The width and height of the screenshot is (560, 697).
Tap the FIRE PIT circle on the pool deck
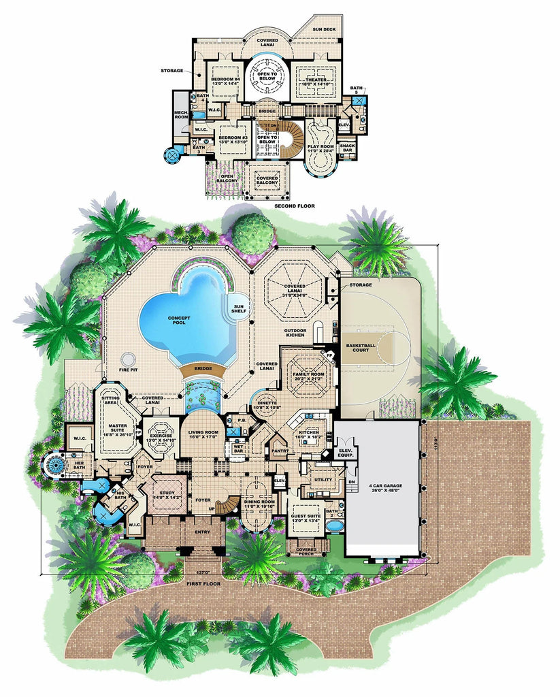click(x=127, y=359)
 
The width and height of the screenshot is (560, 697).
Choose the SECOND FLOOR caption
click(x=294, y=204)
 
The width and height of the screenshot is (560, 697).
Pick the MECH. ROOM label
click(x=181, y=115)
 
